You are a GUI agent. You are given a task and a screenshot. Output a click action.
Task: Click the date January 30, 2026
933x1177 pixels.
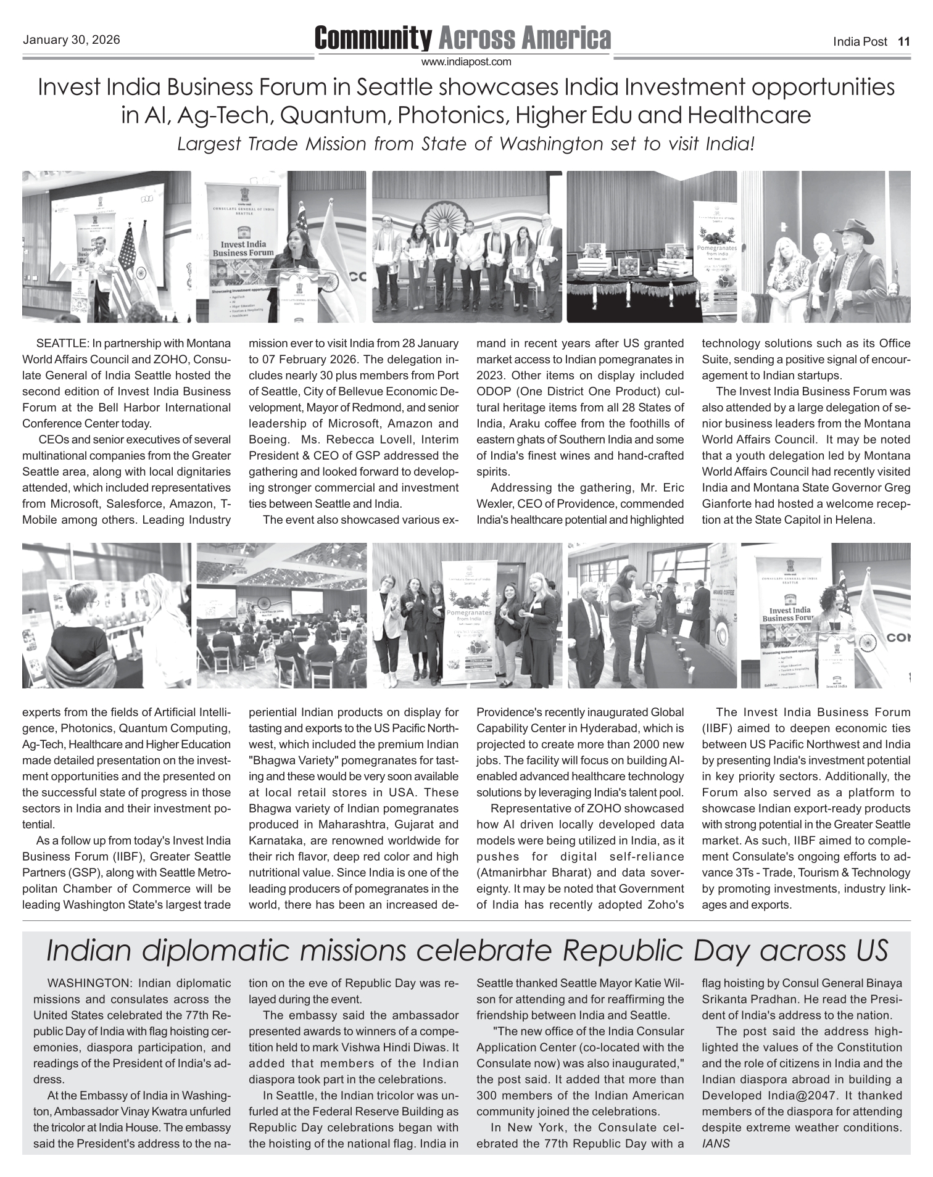click(x=71, y=41)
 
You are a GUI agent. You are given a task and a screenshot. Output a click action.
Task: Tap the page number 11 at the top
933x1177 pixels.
click(x=903, y=42)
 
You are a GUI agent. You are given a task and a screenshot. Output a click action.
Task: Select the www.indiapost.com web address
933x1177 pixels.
click(x=466, y=62)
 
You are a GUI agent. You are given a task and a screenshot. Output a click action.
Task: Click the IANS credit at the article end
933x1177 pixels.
click(x=716, y=1143)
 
